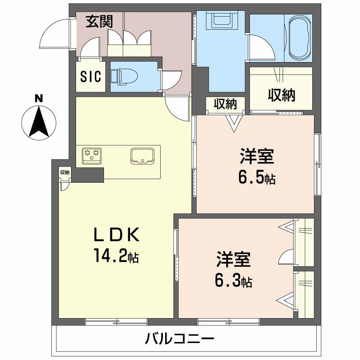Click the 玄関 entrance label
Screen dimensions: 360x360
[x=99, y=22]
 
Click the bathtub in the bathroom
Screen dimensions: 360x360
[x=299, y=38]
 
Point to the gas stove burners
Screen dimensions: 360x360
[x=93, y=154]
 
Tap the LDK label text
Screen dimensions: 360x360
[x=117, y=235]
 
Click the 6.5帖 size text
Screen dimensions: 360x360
[x=256, y=179]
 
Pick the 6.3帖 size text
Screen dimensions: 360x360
[x=233, y=282]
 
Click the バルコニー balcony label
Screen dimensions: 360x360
[x=179, y=338]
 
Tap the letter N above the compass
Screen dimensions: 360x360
[x=40, y=98]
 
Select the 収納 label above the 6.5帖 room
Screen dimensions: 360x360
[x=225, y=104]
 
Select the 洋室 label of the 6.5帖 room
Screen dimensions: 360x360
[x=256, y=157]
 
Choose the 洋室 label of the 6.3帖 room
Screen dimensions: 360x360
[x=233, y=261]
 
